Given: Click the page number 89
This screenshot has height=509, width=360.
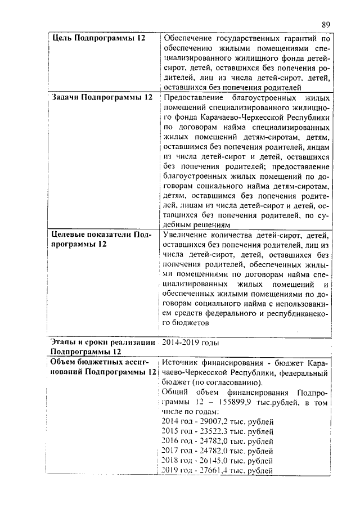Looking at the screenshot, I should point(326,24).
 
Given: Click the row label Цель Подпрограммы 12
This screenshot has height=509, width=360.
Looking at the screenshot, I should point(98,38).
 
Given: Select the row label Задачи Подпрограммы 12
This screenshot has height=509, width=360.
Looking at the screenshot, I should point(102,97).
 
